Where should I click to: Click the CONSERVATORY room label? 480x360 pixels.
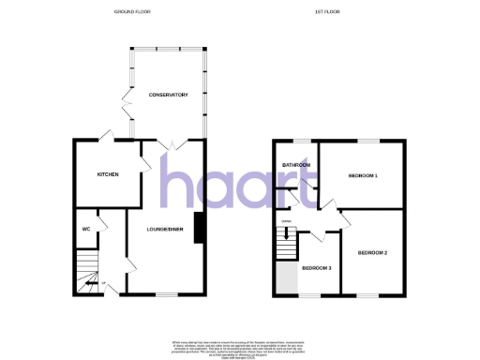pyautogui.click(x=169, y=95)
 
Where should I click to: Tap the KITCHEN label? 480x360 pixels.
pyautogui.click(x=108, y=174)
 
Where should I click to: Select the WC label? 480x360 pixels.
pyautogui.click(x=85, y=227)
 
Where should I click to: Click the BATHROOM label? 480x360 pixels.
pyautogui.click(x=296, y=165)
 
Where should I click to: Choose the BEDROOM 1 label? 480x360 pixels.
pyautogui.click(x=362, y=175)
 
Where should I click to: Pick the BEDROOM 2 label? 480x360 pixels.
pyautogui.click(x=372, y=252)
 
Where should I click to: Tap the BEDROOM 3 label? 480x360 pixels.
pyautogui.click(x=315, y=268)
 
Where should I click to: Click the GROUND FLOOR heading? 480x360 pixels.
pyautogui.click(x=132, y=12)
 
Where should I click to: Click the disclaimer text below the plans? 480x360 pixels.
pyautogui.click(x=240, y=346)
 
